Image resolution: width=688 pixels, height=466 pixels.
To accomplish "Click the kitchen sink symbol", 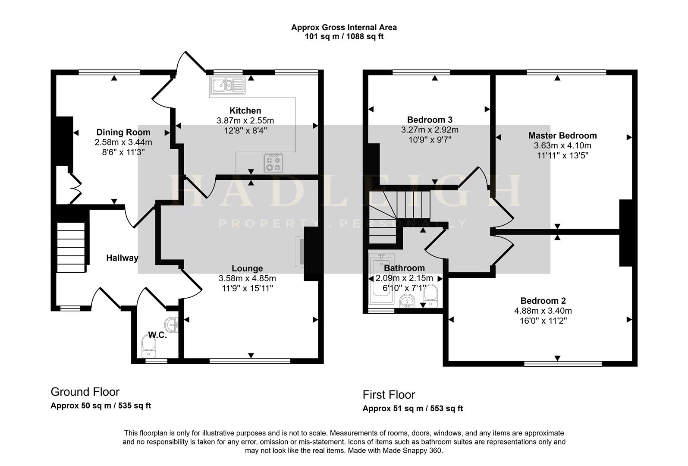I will (x=227, y=85).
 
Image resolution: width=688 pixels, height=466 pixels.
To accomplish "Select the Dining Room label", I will (x=123, y=132).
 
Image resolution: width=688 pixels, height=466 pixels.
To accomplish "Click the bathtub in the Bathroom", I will (x=381, y=280).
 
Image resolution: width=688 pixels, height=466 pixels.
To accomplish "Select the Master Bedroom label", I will (x=562, y=135).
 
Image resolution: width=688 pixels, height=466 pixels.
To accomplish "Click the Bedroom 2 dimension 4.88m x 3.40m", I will (x=543, y=311).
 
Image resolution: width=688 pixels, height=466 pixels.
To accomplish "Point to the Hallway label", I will (x=122, y=258).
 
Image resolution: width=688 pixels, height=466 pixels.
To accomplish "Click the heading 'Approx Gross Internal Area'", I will (x=344, y=27).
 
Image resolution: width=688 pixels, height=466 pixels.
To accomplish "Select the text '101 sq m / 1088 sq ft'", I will (x=344, y=37).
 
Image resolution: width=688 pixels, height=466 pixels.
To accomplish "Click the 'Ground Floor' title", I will (x=85, y=392).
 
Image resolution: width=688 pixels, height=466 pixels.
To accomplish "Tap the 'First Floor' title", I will (x=389, y=395).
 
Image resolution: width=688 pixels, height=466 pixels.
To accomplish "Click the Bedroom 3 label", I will (x=430, y=120).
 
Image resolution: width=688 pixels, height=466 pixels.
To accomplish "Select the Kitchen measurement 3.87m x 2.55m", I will (x=245, y=121).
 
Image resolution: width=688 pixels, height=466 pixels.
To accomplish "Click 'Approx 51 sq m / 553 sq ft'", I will (x=412, y=409).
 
